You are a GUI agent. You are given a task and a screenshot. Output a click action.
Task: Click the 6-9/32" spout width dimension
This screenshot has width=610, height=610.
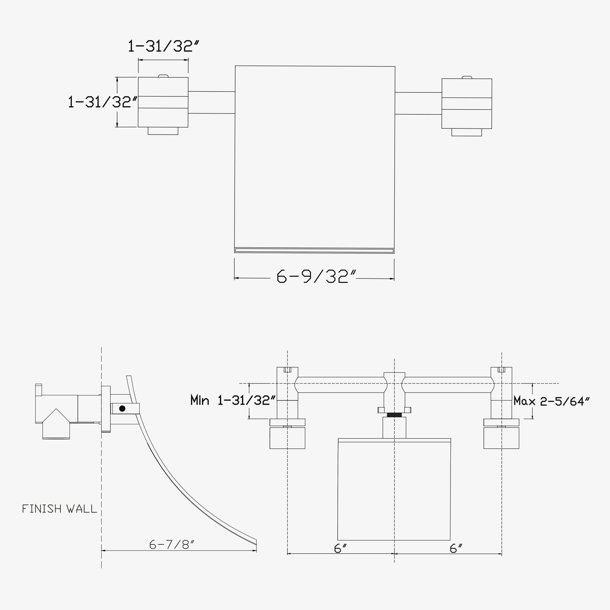pos(316,276)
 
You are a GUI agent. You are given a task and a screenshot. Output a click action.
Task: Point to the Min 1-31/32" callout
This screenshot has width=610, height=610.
pos(233,400)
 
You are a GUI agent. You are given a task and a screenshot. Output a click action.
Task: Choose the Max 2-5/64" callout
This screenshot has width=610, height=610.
pos(551,401)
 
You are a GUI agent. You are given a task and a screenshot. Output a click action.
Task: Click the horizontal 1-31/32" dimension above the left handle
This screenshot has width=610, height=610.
pos(163,46)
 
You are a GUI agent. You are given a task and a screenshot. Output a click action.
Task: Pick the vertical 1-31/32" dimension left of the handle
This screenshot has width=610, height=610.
pos(103,102)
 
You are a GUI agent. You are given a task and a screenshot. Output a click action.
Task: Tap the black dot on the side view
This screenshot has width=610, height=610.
pos(122,409)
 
